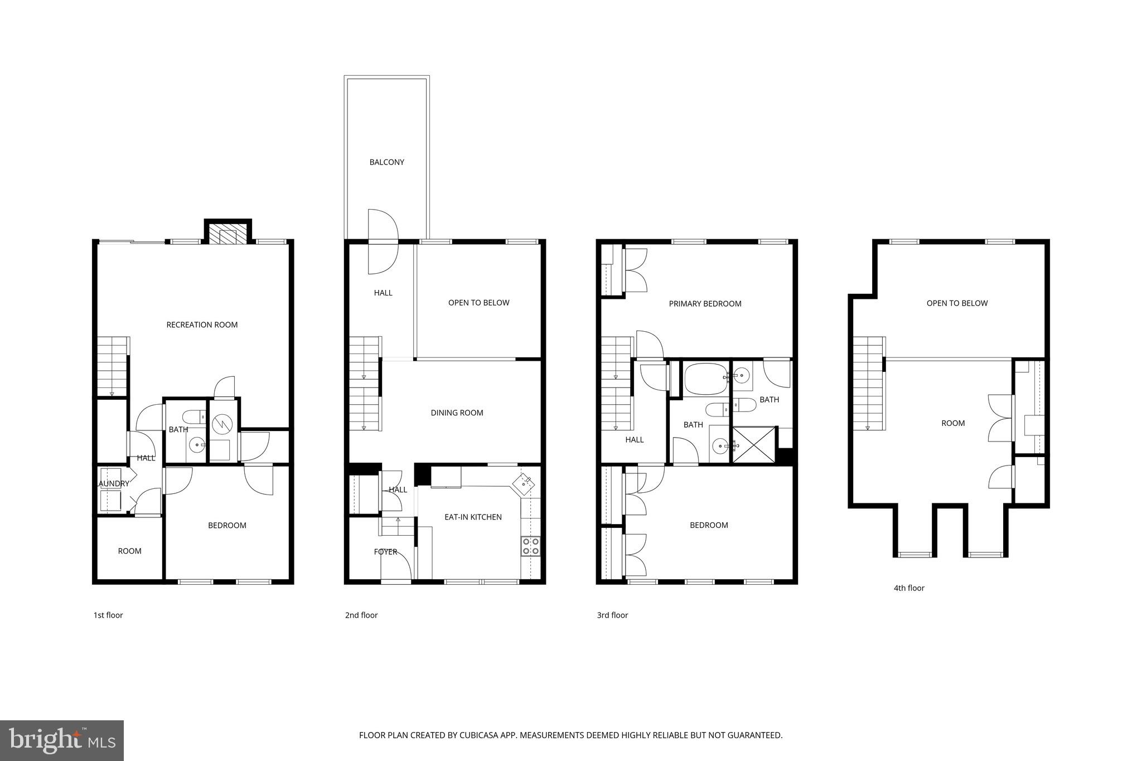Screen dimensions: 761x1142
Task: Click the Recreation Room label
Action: [202, 324]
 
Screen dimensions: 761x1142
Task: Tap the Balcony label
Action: [386, 162]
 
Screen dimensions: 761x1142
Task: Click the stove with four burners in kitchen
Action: [530, 546]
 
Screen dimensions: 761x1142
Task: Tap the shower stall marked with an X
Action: [753, 444]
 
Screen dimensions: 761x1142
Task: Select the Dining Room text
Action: [457, 413]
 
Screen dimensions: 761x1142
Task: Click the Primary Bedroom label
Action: [705, 304]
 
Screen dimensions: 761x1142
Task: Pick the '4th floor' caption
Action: [908, 588]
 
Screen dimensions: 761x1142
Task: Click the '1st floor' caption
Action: [108, 615]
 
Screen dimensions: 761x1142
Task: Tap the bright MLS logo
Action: [61, 740]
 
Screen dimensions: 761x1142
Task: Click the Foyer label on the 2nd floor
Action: [385, 552]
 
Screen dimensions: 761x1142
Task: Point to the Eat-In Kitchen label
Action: [473, 517]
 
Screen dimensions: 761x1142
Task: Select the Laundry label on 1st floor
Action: [113, 483]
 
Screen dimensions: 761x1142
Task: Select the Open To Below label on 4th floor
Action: [957, 303]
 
